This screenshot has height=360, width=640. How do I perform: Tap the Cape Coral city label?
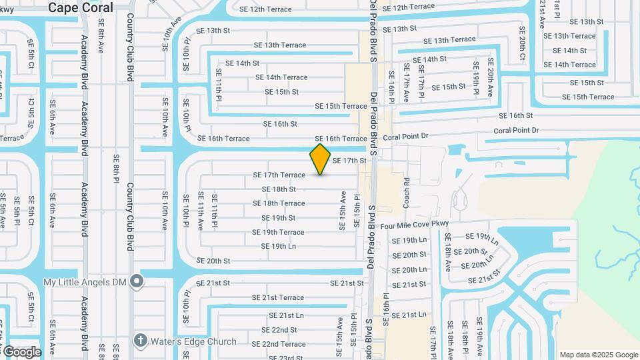click(x=80, y=7)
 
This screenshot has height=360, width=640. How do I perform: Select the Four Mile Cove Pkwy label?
click(x=414, y=225)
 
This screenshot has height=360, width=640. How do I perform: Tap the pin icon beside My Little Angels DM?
click(x=137, y=282)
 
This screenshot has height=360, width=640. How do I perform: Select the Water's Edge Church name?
click(x=193, y=342)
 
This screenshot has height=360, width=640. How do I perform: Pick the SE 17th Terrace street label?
click(x=279, y=175)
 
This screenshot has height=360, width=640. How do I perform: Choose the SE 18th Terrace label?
click(x=279, y=203)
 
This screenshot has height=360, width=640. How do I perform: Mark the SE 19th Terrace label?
click(x=278, y=233)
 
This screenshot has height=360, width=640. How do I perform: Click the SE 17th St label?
click(x=349, y=161)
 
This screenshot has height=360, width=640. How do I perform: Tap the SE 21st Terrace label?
click(x=277, y=298)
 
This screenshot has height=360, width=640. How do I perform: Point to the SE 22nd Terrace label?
click(x=279, y=344)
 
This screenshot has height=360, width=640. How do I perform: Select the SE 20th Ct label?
click(x=522, y=43)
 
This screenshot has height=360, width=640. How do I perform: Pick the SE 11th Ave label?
click(x=200, y=211)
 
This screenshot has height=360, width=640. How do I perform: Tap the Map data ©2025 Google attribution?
click(x=598, y=355)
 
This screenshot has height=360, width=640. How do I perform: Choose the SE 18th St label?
click(x=279, y=189)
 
